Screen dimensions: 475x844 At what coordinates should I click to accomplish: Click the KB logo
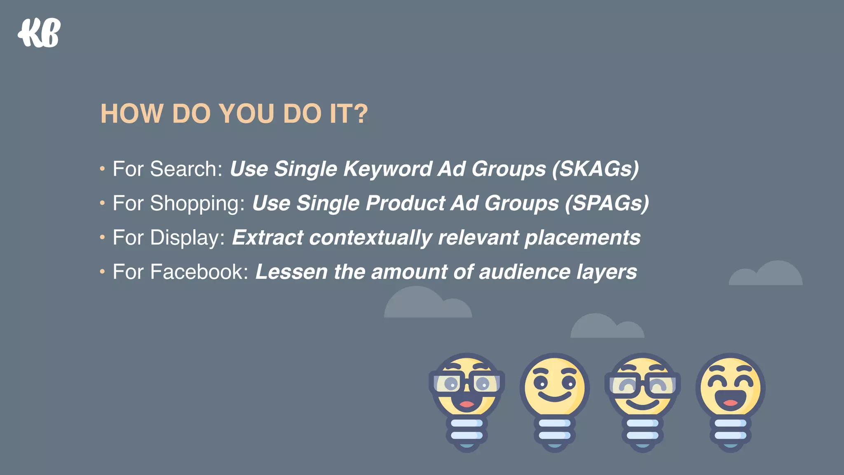39,33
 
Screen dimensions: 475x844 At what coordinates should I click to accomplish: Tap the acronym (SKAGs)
595,169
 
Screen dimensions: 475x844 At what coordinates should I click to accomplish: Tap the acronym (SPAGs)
607,203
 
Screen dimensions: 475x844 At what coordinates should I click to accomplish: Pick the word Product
406,203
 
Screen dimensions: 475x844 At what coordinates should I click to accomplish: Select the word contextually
370,238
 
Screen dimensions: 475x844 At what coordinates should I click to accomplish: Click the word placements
582,238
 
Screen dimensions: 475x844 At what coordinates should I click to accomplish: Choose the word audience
524,272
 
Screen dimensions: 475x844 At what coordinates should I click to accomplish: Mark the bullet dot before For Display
102,237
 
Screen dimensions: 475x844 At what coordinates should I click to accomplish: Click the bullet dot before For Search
102,168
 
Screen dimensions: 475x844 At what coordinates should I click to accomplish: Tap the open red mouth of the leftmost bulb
467,403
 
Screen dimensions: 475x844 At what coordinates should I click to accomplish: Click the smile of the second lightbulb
554,397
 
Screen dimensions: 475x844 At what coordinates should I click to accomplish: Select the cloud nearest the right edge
767,274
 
